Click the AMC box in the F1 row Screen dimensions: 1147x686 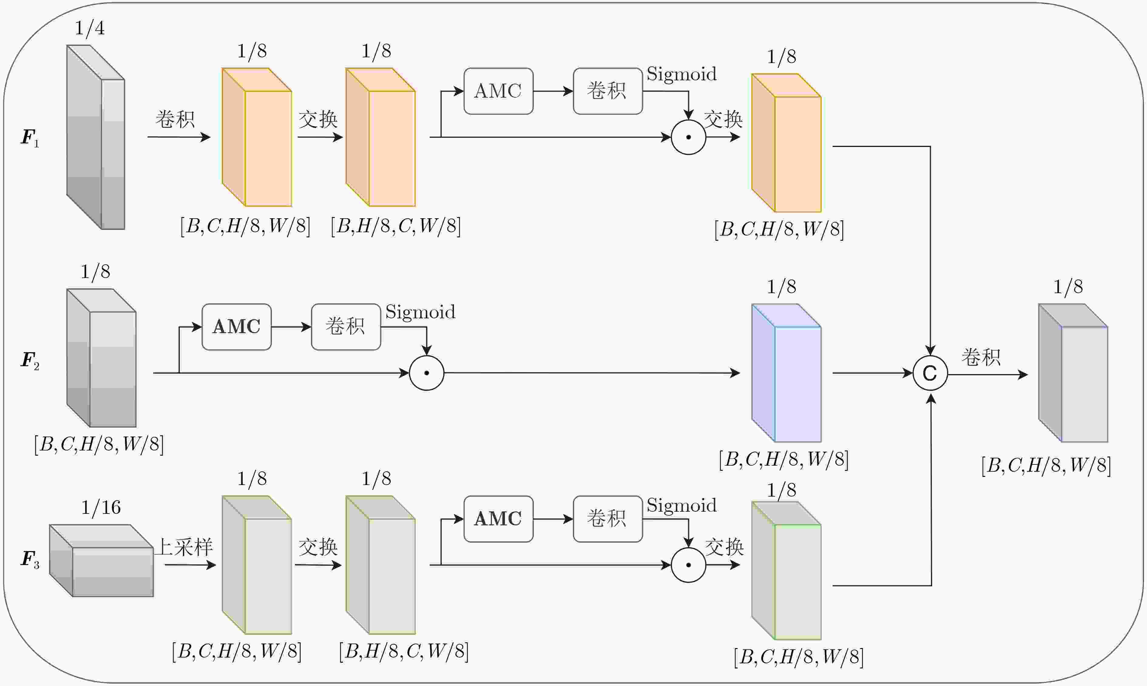coord(498,91)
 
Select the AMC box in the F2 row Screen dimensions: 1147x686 coord(236,327)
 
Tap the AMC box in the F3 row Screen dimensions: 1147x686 coord(498,519)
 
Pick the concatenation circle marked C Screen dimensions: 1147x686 coord(930,373)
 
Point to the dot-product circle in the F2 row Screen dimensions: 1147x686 coord(427,373)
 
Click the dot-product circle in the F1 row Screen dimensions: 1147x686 coord(689,137)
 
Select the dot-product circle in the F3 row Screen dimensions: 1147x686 coord(689,565)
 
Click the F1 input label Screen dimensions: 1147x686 coord(30,138)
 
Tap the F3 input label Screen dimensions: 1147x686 coord(30,559)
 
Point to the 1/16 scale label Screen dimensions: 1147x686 coord(101,507)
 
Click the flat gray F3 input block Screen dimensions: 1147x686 coord(101,560)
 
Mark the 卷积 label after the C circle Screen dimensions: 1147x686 coord(981,357)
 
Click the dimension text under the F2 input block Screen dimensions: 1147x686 coord(99,444)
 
